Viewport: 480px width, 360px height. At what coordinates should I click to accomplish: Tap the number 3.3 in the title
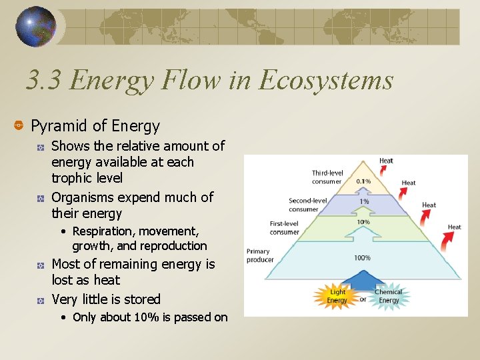[44, 81]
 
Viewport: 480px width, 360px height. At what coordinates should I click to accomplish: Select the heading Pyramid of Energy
[95, 126]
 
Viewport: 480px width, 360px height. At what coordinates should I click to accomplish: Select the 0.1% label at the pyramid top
[363, 181]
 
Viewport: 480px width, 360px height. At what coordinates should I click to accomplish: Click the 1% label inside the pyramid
[364, 202]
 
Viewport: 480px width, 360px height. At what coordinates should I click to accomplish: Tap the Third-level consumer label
[326, 177]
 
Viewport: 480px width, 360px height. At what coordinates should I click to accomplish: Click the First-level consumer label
[285, 229]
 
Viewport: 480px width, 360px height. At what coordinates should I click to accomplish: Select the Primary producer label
[259, 255]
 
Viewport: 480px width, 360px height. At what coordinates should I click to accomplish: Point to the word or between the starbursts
[363, 299]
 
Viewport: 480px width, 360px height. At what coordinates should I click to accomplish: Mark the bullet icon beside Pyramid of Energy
[19, 126]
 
